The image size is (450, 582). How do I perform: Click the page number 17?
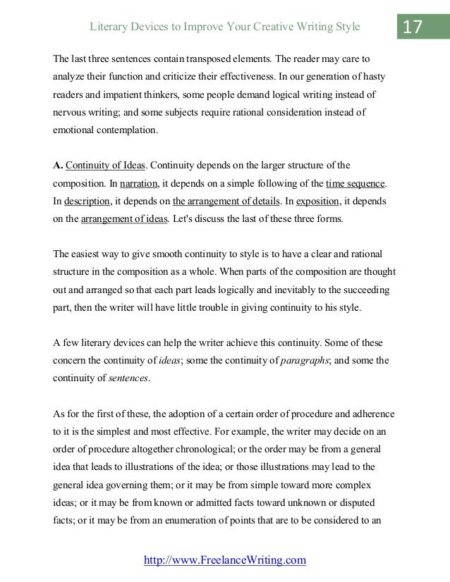click(x=413, y=27)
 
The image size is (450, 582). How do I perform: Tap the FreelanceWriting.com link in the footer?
click(x=225, y=560)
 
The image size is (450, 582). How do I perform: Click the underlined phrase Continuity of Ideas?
click(x=105, y=166)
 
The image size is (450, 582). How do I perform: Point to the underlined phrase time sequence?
click(x=355, y=184)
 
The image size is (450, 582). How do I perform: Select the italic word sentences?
click(x=129, y=378)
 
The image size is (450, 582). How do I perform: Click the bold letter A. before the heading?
click(x=59, y=166)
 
